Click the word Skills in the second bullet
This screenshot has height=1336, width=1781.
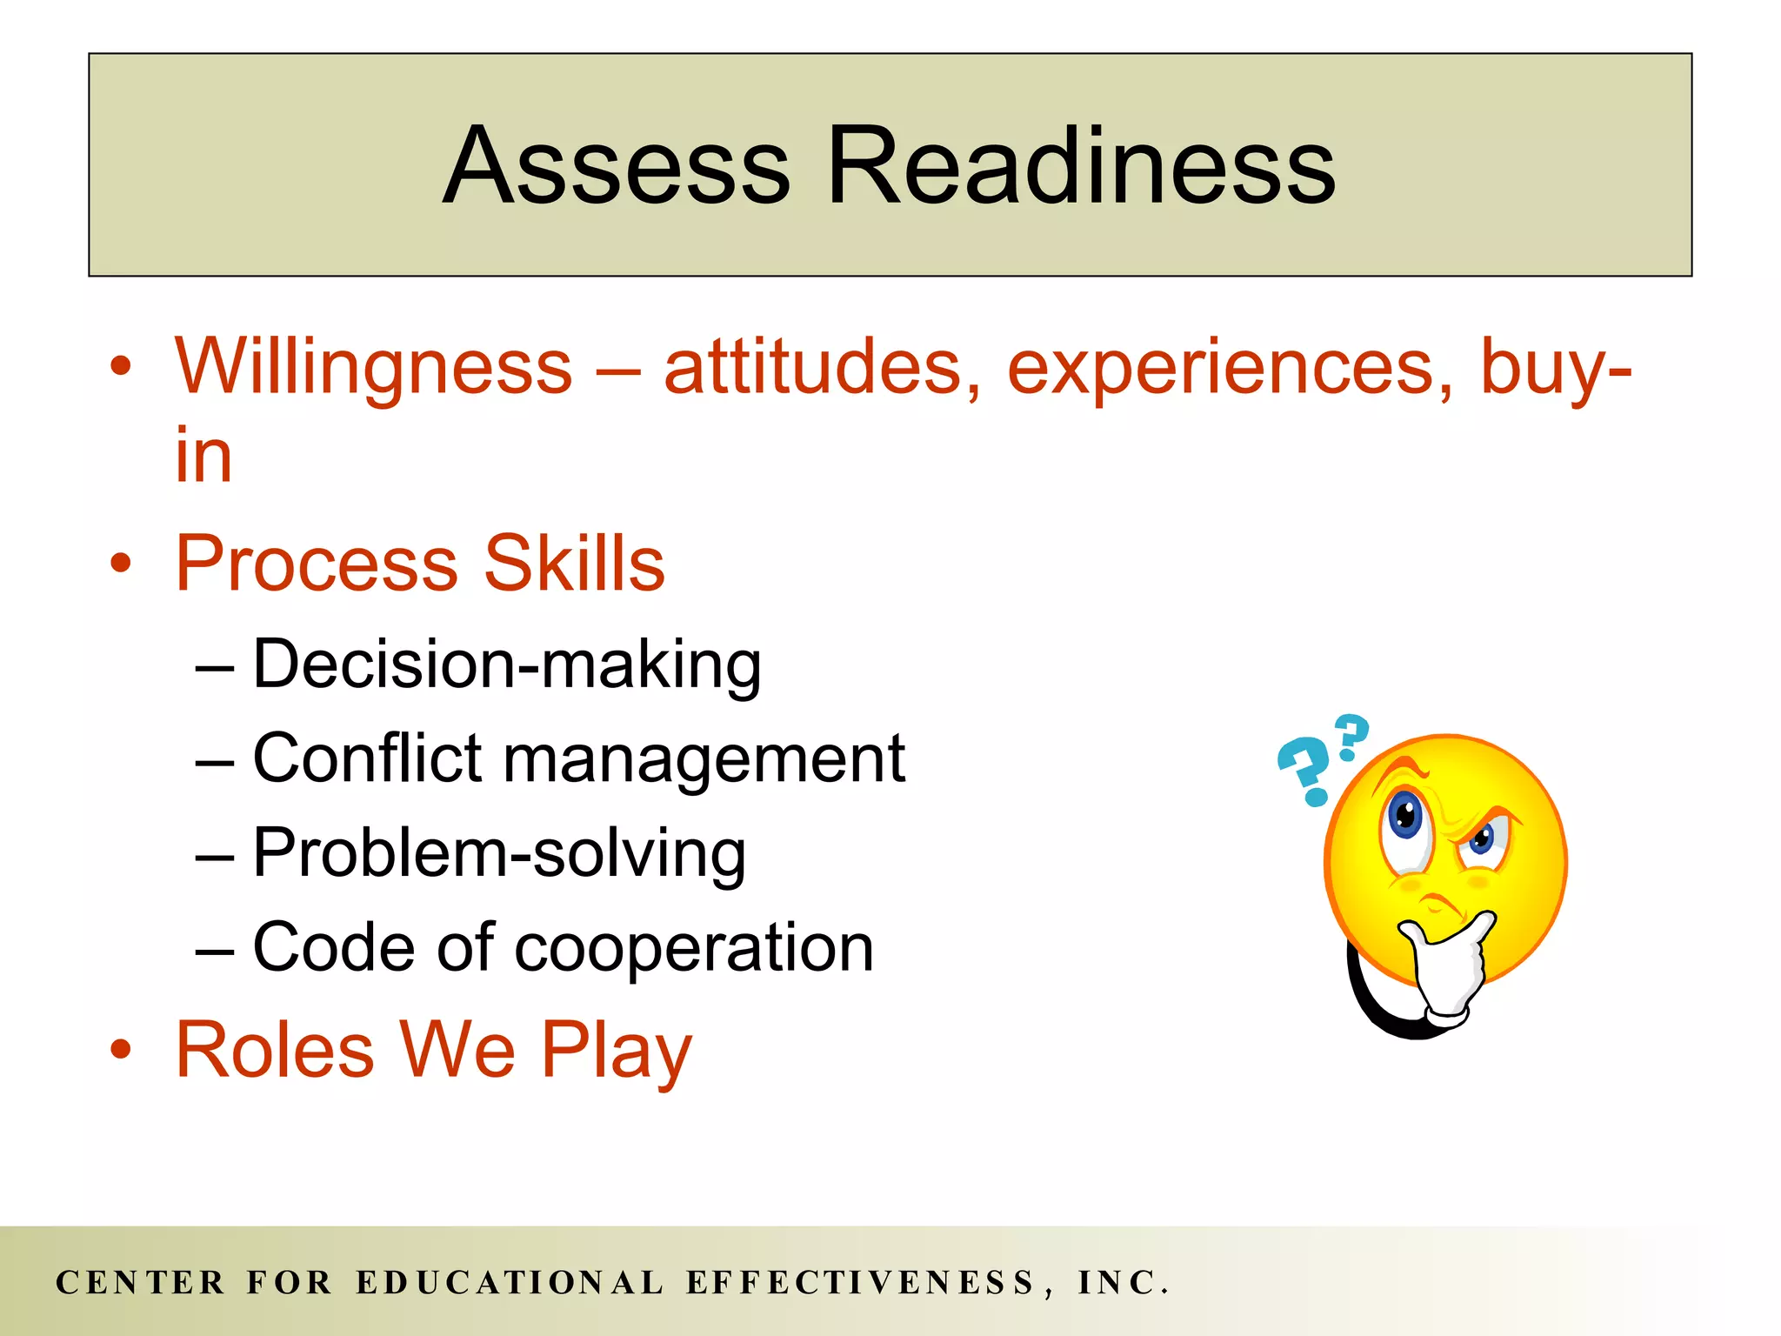[574, 564]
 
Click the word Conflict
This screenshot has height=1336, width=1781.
[366, 758]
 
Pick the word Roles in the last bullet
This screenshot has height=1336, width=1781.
[275, 1050]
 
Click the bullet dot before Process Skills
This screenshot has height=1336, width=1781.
[121, 564]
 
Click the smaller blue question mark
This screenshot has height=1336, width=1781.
[1351, 735]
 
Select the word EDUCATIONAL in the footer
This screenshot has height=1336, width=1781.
[510, 1283]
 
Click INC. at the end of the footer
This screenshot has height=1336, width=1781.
[1123, 1283]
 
